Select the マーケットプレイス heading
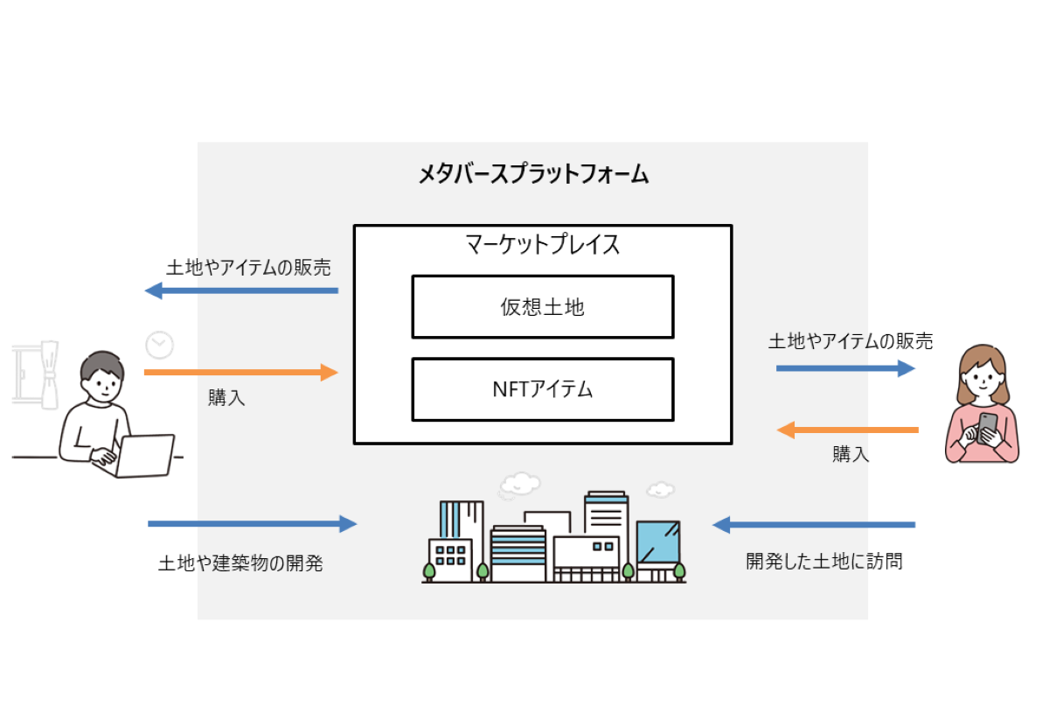[x=542, y=244]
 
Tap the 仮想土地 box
[x=542, y=306]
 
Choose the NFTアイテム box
[x=542, y=388]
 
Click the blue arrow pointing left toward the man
[x=241, y=290]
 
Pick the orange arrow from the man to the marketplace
[x=240, y=373]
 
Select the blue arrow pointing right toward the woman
[x=845, y=368]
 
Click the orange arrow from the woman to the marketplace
[x=847, y=430]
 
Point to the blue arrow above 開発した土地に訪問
[x=814, y=525]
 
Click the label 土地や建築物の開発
[x=240, y=563]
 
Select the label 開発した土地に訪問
[x=823, y=561]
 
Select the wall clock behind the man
[x=159, y=345]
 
